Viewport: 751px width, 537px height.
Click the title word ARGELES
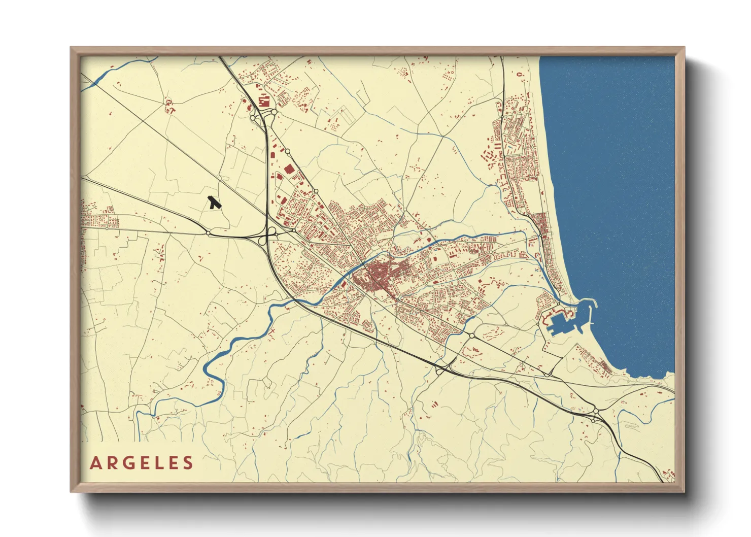point(142,463)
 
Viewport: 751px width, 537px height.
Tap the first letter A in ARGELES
point(95,463)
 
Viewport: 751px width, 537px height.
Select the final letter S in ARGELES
point(189,463)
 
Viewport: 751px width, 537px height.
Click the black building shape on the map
point(214,203)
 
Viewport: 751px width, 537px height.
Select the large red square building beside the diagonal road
point(289,170)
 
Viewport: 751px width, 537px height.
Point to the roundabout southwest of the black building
point(208,233)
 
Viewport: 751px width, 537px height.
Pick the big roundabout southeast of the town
point(472,335)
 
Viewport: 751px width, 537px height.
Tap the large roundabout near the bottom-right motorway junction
point(595,412)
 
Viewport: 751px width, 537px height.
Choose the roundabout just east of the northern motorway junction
point(274,112)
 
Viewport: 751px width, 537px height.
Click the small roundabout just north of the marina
point(558,305)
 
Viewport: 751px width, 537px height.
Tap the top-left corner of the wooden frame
point(71,48)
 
